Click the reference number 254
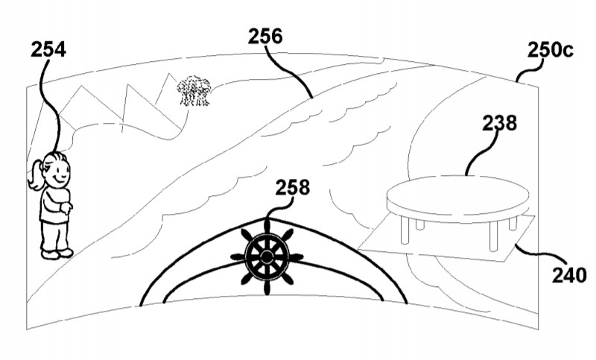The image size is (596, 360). click(48, 49)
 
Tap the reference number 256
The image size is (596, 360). click(265, 37)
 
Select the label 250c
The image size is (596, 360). click(550, 50)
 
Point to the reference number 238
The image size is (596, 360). click(499, 123)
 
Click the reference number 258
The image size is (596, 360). click(293, 187)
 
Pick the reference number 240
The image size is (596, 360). click(569, 275)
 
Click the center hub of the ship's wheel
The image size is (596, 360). click(267, 258)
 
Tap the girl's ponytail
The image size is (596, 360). click(35, 176)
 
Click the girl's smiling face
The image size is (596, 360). click(58, 174)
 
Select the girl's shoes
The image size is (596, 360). click(57, 253)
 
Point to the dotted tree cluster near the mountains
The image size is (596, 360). click(194, 90)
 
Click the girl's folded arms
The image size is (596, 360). click(58, 205)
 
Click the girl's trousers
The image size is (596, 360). click(55, 236)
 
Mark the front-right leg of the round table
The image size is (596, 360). click(493, 236)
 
